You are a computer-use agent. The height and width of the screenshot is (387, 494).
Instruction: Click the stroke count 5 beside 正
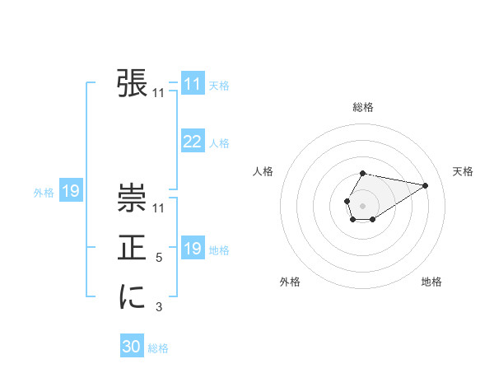(x=159, y=258)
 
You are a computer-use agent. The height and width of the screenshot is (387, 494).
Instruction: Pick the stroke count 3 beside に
(x=159, y=307)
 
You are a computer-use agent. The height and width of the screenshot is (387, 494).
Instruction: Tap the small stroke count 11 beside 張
(x=159, y=94)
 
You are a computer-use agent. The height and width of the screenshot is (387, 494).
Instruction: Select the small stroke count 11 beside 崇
(x=159, y=209)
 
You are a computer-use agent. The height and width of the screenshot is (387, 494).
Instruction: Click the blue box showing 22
(x=193, y=142)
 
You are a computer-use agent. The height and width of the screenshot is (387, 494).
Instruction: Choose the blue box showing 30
(x=132, y=347)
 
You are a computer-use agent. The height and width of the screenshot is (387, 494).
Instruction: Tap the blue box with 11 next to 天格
(x=193, y=84)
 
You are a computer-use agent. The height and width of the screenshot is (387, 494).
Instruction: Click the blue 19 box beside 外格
(x=71, y=192)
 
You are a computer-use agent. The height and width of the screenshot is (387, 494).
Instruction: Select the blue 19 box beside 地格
(x=193, y=249)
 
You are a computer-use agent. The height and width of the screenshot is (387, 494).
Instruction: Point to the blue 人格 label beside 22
(x=219, y=143)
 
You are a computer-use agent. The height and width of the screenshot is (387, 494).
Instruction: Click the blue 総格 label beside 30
(x=158, y=348)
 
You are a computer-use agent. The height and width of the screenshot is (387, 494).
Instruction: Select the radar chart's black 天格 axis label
(x=464, y=171)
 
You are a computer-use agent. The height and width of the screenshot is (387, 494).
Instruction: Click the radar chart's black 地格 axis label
(x=431, y=282)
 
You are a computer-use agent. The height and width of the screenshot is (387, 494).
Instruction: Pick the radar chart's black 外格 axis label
(x=290, y=282)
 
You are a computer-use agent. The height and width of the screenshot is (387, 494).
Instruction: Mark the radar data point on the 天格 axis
(x=425, y=184)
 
